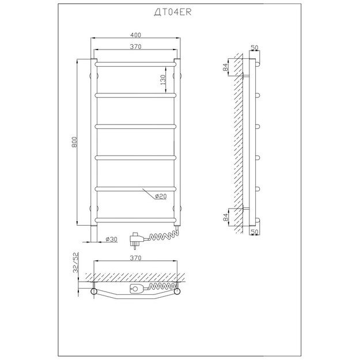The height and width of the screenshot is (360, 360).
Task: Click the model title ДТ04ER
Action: (173, 12)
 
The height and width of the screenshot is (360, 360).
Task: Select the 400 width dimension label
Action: (136, 35)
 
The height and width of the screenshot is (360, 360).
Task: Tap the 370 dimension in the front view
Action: (136, 47)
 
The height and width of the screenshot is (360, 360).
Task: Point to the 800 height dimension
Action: (74, 142)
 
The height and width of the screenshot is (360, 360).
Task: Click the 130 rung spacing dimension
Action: (163, 79)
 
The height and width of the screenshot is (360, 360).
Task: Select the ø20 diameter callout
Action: (161, 196)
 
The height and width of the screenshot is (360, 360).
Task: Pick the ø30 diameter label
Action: (111, 239)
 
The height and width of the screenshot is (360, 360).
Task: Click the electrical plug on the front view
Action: (137, 240)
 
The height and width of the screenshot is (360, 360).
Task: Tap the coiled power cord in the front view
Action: (164, 236)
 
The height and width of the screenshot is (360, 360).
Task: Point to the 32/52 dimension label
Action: (75, 263)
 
